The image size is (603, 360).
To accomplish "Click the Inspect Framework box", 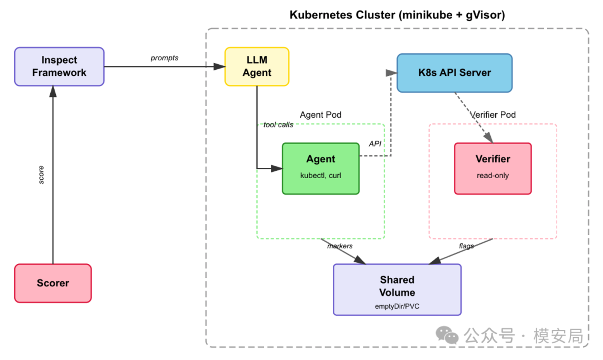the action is click(59, 66).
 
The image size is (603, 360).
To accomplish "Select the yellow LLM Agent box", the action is click(257, 66).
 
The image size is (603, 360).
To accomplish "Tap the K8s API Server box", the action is click(454, 73).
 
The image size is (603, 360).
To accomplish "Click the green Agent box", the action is click(320, 169).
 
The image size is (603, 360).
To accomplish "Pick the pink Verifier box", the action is click(492, 169).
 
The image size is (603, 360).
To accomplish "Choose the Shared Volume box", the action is click(398, 290).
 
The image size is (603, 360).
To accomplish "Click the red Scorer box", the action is click(53, 283).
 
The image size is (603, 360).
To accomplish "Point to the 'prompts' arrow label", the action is click(164, 57).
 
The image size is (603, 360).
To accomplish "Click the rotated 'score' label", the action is click(41, 175).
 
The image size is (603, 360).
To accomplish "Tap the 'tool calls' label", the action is click(278, 124).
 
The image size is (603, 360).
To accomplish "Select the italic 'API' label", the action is click(375, 143).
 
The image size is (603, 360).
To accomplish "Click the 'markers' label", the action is click(339, 246).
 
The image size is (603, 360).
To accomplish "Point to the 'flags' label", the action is click(466, 246).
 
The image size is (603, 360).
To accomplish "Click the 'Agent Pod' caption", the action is click(320, 114).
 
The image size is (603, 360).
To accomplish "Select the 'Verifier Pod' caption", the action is click(493, 114).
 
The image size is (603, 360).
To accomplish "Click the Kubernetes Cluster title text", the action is click(398, 15).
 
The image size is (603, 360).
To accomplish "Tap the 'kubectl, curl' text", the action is click(320, 175).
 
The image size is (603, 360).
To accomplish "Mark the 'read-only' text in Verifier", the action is click(492, 175).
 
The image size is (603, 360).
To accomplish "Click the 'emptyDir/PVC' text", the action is click(398, 306).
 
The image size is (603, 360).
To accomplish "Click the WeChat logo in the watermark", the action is click(447, 335).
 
